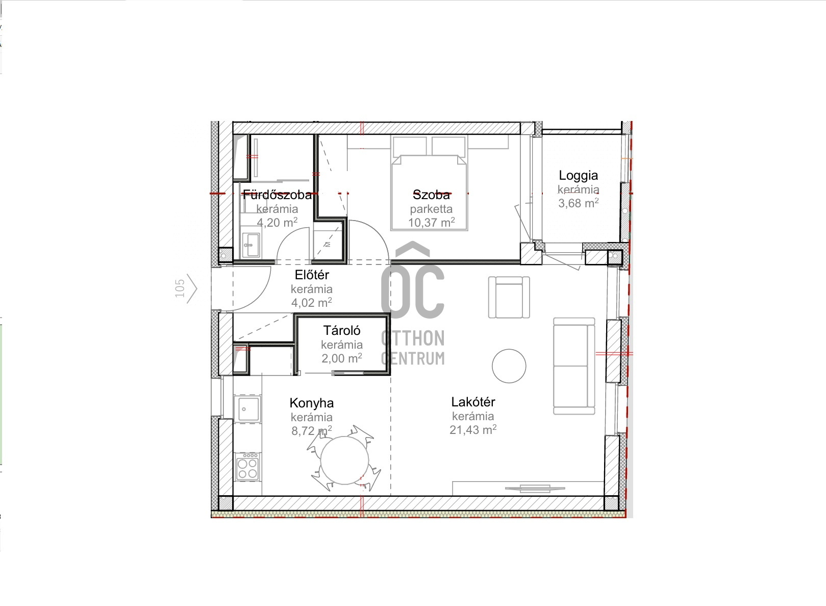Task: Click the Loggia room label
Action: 578,176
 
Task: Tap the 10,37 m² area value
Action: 431,222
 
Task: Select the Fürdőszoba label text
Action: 277,195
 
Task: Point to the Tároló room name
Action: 341,330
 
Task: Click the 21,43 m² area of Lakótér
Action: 473,429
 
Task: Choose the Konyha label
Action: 312,403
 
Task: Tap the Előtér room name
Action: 312,275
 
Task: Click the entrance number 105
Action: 180,288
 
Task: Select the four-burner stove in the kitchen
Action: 247,467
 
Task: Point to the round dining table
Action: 344,460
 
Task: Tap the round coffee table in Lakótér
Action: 509,366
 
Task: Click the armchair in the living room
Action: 509,297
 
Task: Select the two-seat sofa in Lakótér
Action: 574,366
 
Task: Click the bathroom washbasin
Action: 251,245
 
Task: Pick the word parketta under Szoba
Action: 431,209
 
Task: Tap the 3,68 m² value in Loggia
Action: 578,203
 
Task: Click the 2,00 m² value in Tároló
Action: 341,358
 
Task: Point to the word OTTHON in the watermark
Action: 413,338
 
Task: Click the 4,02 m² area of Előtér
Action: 312,302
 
